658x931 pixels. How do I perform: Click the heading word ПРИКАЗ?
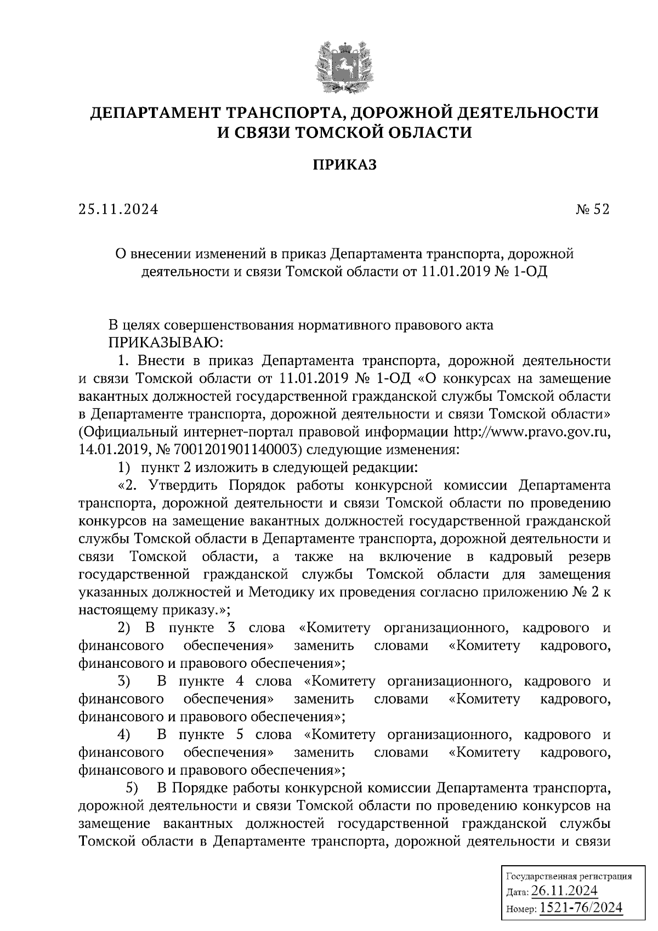click(345, 164)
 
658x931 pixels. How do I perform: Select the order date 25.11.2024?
click(118, 209)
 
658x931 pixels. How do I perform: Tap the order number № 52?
click(593, 209)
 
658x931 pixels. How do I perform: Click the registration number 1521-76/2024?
click(581, 907)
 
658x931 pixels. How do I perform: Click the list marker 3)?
click(124, 682)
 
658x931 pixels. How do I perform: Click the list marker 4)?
click(124, 735)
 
